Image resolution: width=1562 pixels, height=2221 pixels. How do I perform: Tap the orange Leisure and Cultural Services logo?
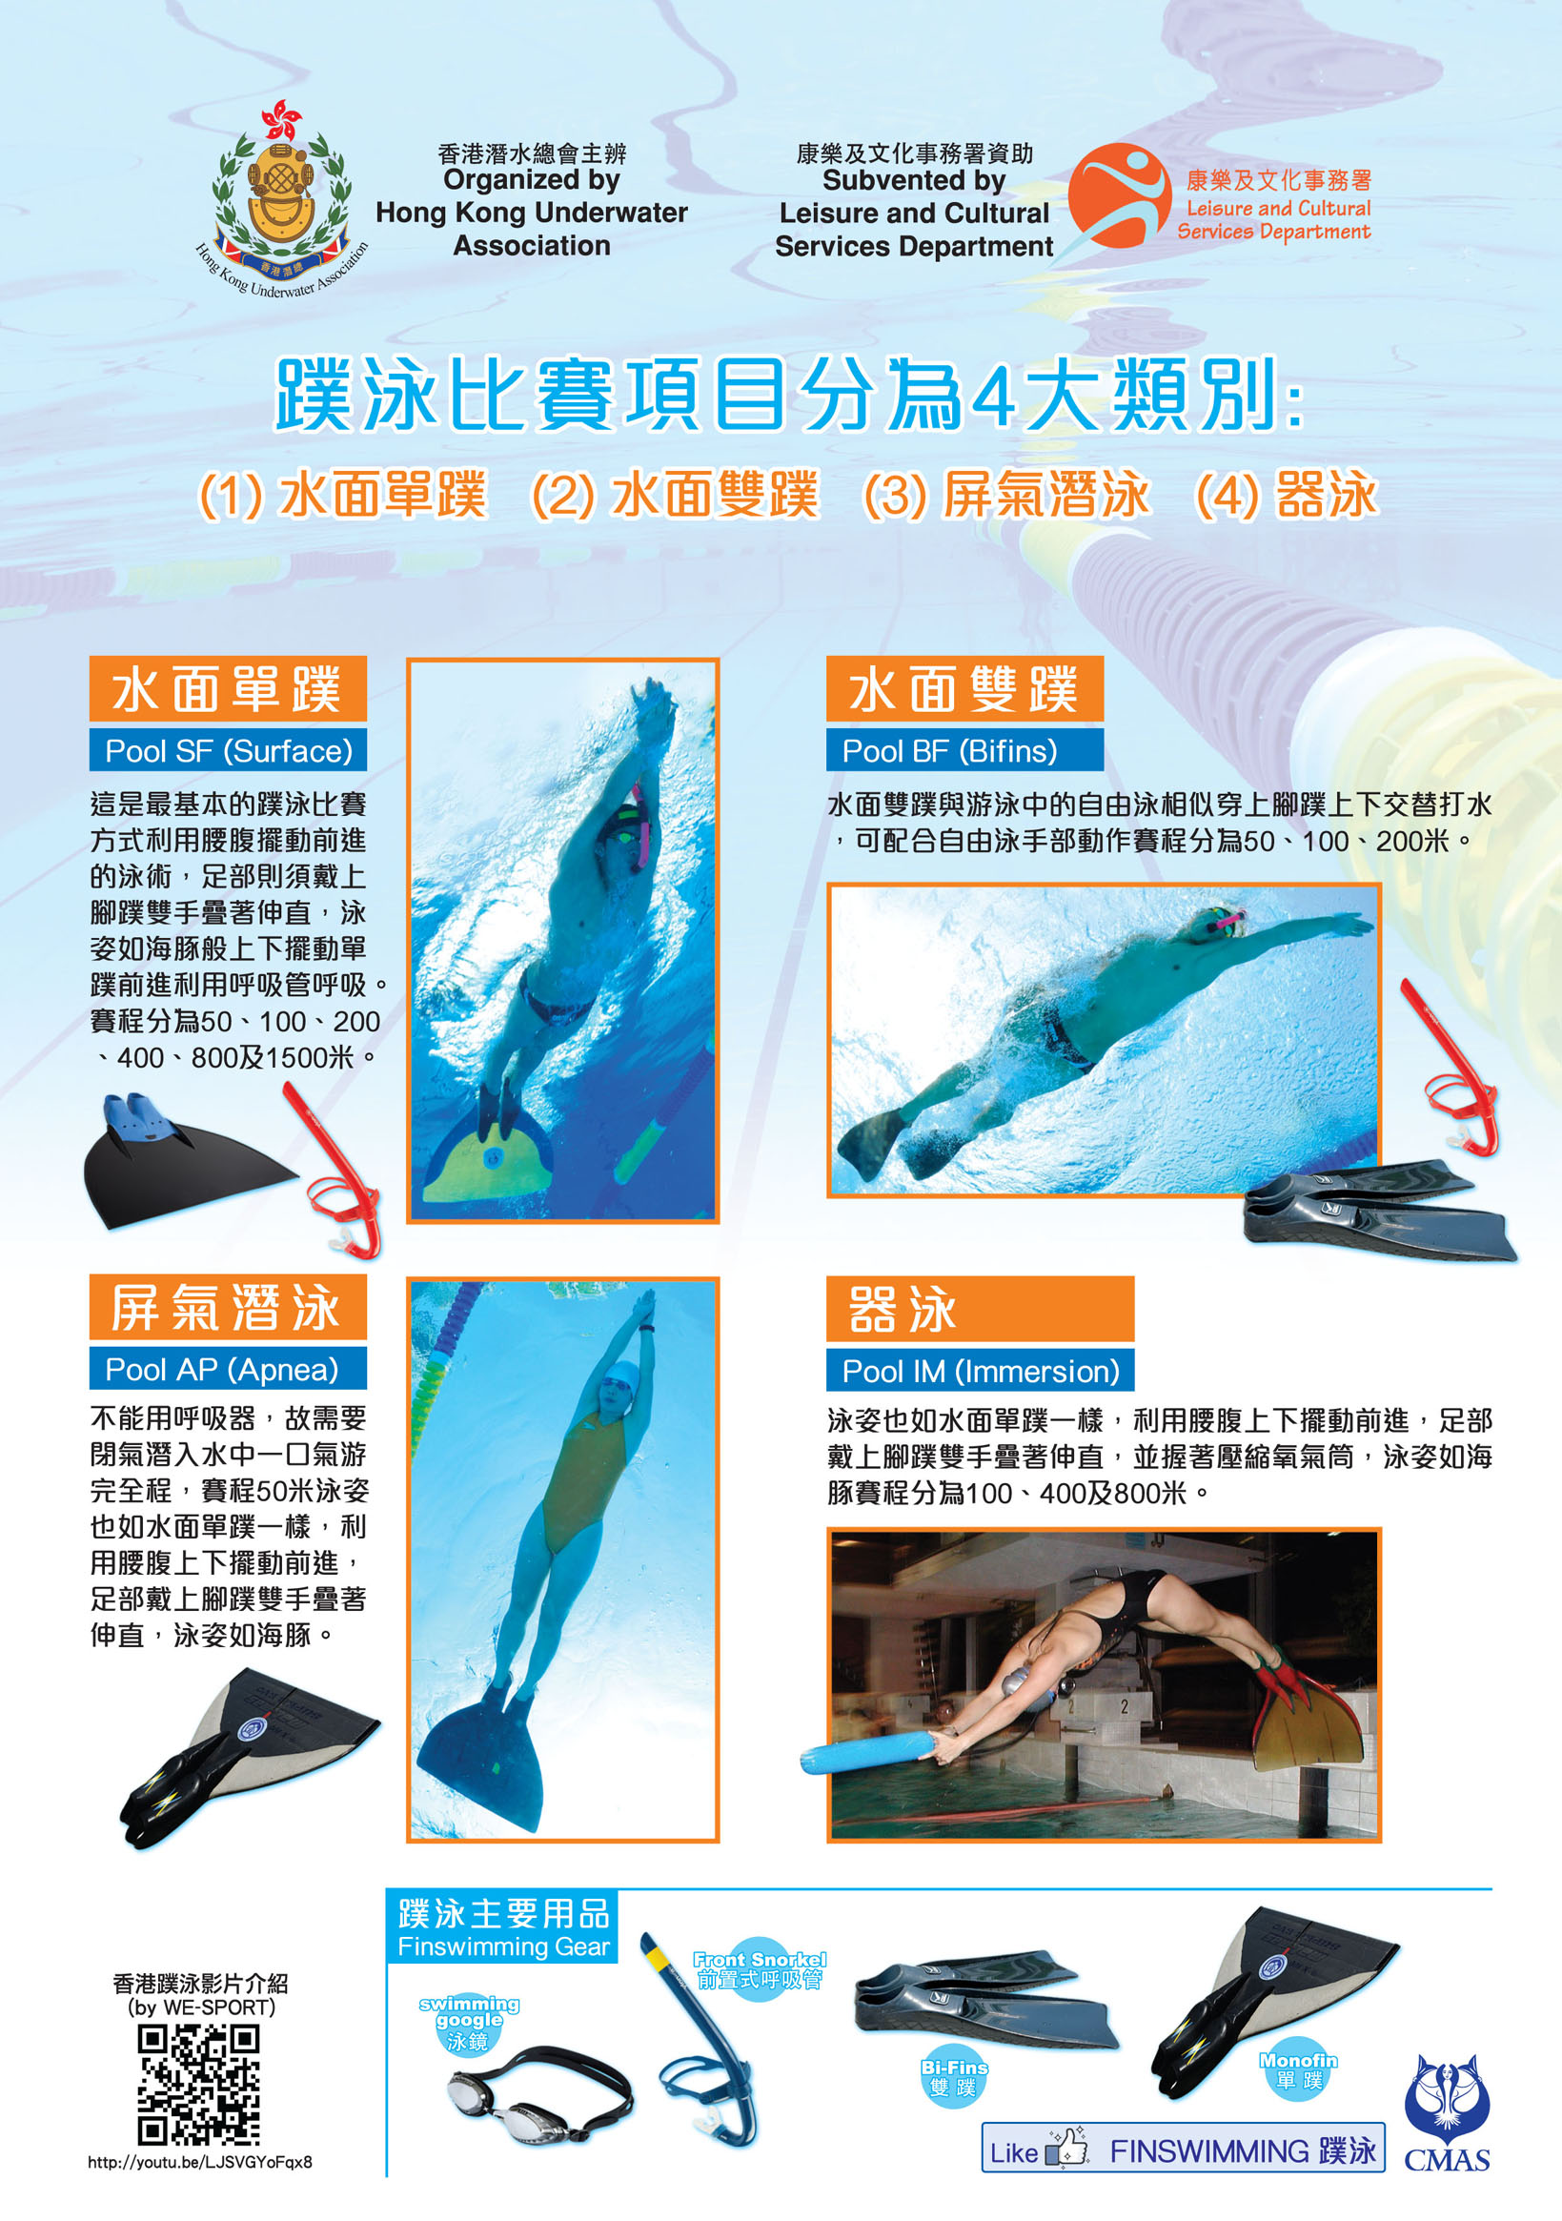1119,195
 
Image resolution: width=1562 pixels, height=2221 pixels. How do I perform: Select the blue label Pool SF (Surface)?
229,750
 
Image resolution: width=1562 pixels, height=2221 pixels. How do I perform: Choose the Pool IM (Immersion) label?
980,1371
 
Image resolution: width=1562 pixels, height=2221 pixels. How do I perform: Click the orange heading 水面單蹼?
229,689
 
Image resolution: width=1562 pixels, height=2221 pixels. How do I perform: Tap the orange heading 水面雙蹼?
964,689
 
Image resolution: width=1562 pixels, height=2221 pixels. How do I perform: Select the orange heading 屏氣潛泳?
229,1308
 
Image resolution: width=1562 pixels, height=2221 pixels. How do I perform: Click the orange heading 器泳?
980,1309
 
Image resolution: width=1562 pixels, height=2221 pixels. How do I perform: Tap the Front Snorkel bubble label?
761,1968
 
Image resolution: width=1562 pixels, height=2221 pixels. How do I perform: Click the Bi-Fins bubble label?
954,2077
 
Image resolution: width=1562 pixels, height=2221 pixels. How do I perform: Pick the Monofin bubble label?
1298,2070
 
